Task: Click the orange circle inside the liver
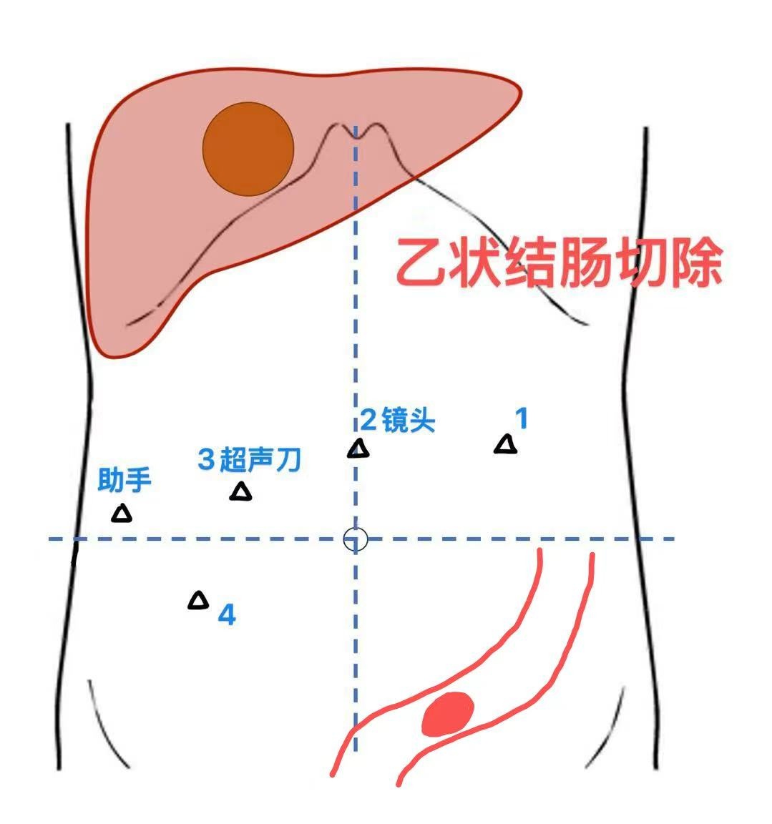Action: pyautogui.click(x=248, y=149)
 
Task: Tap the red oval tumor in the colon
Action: pyautogui.click(x=448, y=714)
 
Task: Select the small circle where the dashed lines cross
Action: pyautogui.click(x=356, y=539)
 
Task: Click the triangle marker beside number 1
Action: pyautogui.click(x=506, y=445)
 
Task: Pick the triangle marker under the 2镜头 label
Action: pyautogui.click(x=358, y=448)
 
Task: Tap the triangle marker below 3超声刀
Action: pyautogui.click(x=240, y=491)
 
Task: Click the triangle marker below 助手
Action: pyautogui.click(x=122, y=514)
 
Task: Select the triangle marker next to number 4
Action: pyautogui.click(x=198, y=600)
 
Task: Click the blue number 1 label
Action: pyautogui.click(x=521, y=418)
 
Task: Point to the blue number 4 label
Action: pyautogui.click(x=227, y=614)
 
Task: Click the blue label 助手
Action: pyautogui.click(x=124, y=480)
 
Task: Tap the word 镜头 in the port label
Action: pyautogui.click(x=409, y=420)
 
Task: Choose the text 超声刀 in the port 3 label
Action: pyautogui.click(x=260, y=459)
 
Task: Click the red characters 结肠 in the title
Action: pyautogui.click(x=559, y=262)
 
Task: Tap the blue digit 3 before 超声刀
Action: pyautogui.click(x=206, y=459)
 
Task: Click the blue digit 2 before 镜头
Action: pyautogui.click(x=368, y=421)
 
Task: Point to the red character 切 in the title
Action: pyautogui.click(x=640, y=262)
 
